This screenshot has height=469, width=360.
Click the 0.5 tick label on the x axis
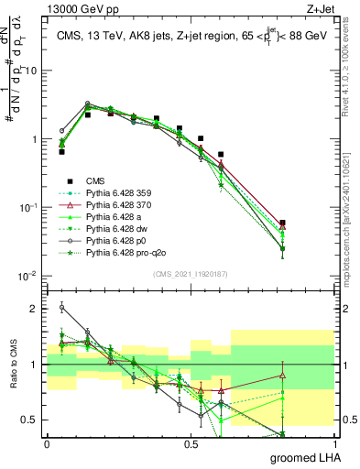[191, 444]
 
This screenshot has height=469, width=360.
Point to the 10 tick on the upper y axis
[29, 71]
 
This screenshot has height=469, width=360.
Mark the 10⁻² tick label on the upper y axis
[27, 276]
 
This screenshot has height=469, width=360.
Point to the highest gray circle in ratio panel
[61, 308]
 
